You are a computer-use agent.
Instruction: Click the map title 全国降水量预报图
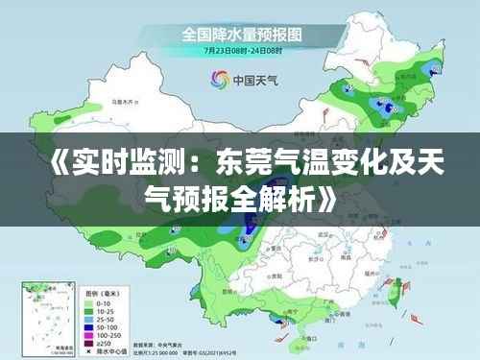click(242, 33)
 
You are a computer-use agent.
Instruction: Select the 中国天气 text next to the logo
click(254, 81)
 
